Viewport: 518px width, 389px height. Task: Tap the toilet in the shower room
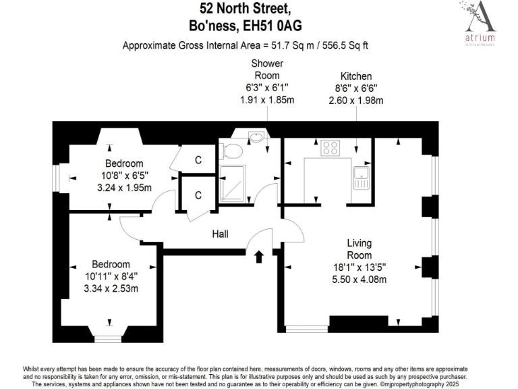coord(230,151)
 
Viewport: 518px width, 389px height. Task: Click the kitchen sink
coord(362,179)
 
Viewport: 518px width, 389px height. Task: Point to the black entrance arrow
coord(259,257)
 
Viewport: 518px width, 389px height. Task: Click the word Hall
coord(221,234)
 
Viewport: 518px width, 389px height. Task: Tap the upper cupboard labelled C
coord(198,160)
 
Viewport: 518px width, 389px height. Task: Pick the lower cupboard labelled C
coord(198,195)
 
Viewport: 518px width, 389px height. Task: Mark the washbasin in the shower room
coord(256,138)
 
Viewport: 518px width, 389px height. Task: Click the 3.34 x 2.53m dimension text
coord(108,288)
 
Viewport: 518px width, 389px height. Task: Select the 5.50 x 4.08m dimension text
coord(359,278)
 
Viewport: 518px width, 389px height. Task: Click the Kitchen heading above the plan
coord(356,77)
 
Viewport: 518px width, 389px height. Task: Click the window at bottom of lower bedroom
coord(108,338)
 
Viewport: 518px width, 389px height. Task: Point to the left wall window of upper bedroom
coord(57,180)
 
